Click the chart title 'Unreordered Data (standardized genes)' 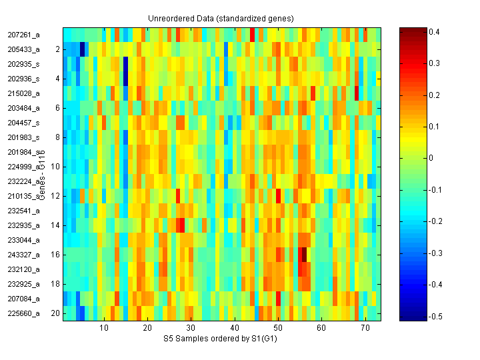220,18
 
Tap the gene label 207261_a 23,35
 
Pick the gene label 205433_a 23,49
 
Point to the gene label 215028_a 23,93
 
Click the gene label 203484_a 23,108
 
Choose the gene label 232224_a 23,181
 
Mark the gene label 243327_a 23,255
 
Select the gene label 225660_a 23,313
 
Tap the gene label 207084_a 23,299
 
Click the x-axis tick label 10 105,328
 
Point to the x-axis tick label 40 235,328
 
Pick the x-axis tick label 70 365,328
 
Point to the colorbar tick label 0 431,158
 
